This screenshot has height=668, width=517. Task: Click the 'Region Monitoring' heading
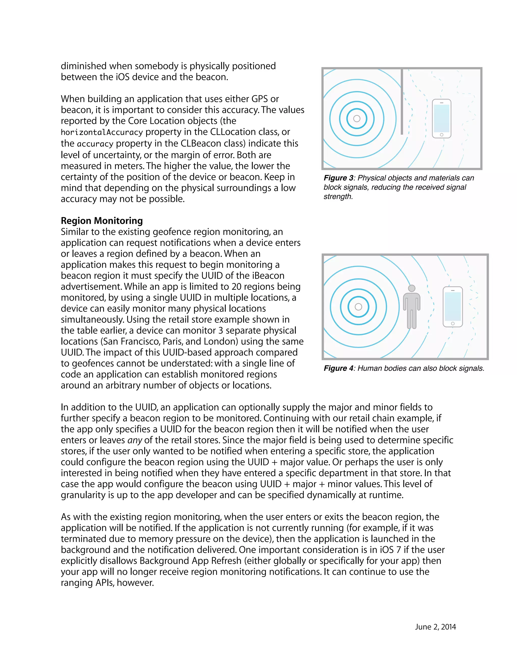(x=102, y=221)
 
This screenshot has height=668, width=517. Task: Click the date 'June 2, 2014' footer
(x=435, y=627)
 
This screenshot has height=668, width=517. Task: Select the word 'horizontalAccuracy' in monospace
(x=102, y=132)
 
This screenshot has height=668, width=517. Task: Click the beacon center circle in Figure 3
(x=357, y=119)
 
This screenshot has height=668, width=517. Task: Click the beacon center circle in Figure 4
(x=358, y=307)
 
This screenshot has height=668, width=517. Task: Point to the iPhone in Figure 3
(x=441, y=119)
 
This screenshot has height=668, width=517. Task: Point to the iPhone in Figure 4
(x=453, y=307)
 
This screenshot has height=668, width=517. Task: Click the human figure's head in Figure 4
(x=412, y=288)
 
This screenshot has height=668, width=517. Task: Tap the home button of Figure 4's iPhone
(x=453, y=324)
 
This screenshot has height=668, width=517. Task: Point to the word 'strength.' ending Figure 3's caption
(x=338, y=196)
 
